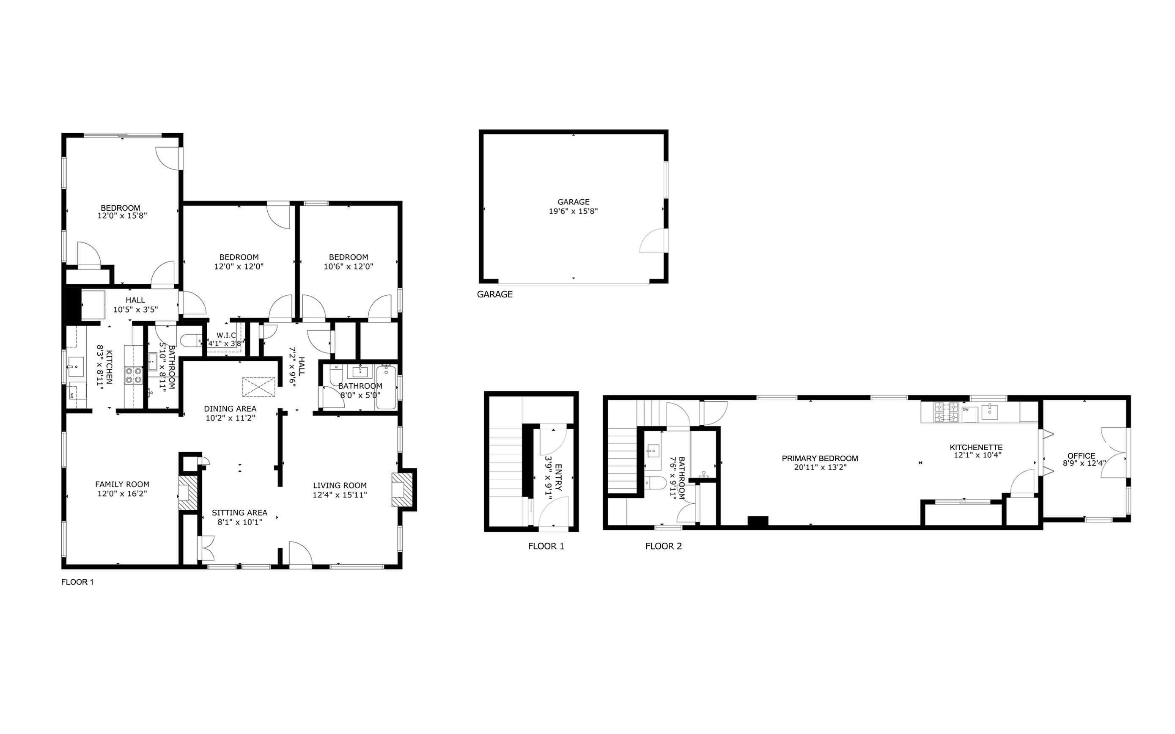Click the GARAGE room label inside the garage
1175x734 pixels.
(x=573, y=202)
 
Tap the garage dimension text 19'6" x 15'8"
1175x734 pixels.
(x=573, y=211)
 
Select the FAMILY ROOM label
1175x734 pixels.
(x=122, y=484)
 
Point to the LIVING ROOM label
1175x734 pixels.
(x=340, y=485)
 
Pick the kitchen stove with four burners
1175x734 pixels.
(x=134, y=375)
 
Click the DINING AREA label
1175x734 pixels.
(x=230, y=409)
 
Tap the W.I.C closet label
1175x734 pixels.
(x=226, y=335)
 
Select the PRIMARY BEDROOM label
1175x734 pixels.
(x=820, y=458)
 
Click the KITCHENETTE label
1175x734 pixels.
(x=976, y=447)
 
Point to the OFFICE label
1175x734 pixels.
(x=1082, y=455)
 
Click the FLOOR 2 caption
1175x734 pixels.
(x=664, y=546)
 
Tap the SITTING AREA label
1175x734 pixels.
(x=239, y=513)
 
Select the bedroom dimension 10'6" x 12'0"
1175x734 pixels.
(x=349, y=267)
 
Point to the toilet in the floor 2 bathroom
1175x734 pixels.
(x=656, y=483)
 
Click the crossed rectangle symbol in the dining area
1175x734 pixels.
(x=259, y=388)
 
